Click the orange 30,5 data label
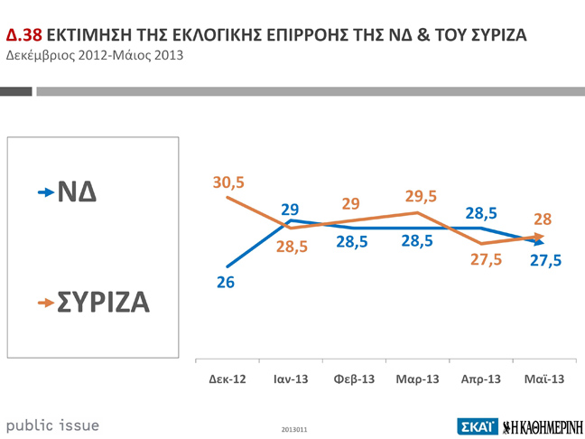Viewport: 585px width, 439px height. (229, 182)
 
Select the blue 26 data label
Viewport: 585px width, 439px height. (226, 283)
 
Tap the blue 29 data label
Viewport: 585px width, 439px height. (290, 210)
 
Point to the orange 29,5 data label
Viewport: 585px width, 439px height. (421, 197)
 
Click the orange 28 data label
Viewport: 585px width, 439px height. (543, 219)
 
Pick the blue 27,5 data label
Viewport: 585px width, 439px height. (545, 260)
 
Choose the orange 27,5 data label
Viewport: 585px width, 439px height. (486, 260)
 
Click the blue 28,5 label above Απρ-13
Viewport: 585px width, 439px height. (481, 214)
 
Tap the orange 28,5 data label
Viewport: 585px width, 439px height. (292, 247)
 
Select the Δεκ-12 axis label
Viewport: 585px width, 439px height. (227, 378)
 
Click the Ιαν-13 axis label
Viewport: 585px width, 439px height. (291, 378)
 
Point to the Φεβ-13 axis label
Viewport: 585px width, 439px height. (354, 378)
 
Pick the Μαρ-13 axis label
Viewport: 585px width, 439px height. (417, 378)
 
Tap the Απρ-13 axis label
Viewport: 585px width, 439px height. (480, 378)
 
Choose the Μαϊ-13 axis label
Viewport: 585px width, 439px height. (543, 378)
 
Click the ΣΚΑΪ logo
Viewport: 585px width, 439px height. (475, 425)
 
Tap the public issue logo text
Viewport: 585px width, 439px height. (53, 425)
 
